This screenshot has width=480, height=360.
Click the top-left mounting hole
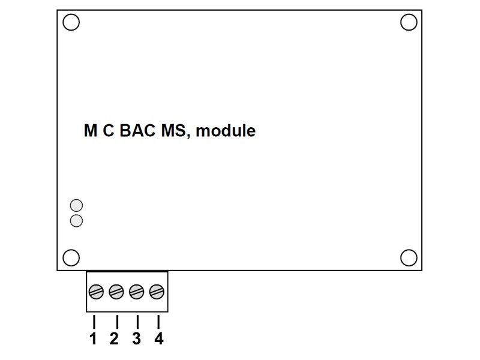(71, 22)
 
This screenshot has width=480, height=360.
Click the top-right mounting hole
(409, 22)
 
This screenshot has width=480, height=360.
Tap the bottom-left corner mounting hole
(71, 257)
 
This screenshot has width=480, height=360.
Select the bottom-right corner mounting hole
(409, 257)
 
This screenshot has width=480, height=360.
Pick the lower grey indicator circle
(76, 221)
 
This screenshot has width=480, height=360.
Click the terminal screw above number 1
(96, 292)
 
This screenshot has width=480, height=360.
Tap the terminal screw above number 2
(116, 292)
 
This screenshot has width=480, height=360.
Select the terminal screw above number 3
(137, 292)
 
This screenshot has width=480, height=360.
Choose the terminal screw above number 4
(157, 292)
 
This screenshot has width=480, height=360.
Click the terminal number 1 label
(93, 339)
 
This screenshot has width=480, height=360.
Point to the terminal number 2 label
(114, 339)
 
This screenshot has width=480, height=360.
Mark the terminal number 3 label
(136, 339)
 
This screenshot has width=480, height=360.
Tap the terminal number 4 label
(158, 339)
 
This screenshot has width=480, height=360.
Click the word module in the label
(226, 130)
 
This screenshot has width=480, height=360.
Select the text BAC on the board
(137, 130)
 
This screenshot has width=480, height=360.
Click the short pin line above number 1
(94, 321)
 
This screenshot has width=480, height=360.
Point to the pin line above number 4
(158, 321)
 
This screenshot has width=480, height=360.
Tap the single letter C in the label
(109, 130)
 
